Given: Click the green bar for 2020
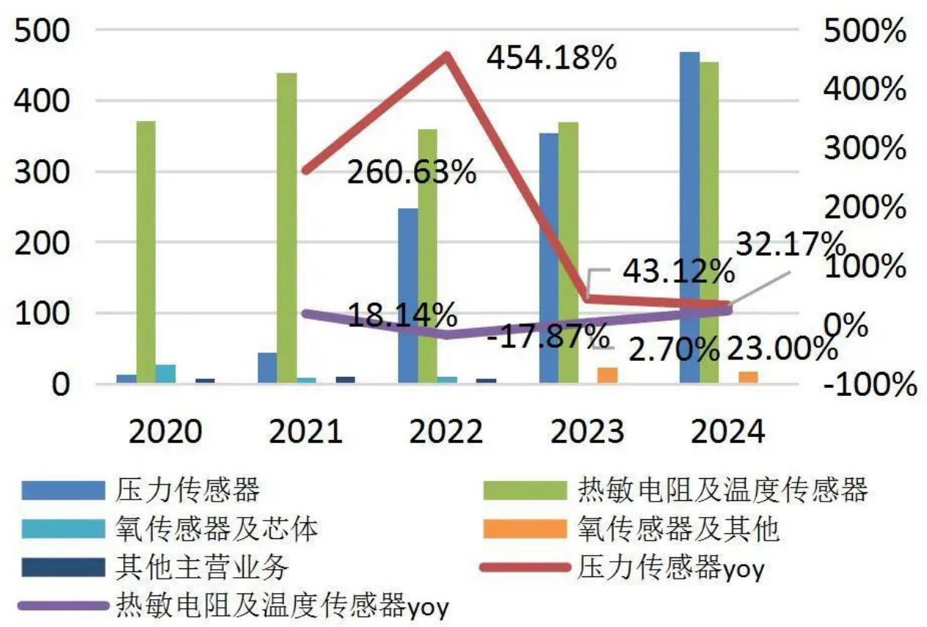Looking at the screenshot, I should (146, 252).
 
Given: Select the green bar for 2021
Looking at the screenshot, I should (288, 228).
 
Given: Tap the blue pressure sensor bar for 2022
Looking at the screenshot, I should (408, 296).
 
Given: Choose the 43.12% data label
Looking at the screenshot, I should (678, 273).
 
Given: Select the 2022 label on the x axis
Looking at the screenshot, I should (446, 431).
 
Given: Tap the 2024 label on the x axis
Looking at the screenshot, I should (727, 431).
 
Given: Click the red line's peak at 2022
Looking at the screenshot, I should (446, 56).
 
